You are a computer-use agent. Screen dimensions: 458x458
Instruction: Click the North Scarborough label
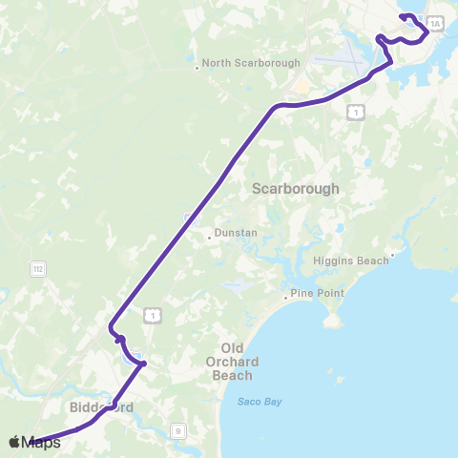tap(251, 63)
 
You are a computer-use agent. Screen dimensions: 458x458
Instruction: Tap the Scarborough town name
tap(296, 189)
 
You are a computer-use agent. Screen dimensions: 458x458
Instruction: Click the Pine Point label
tap(317, 293)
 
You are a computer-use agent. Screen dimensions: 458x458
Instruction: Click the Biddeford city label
tap(100, 407)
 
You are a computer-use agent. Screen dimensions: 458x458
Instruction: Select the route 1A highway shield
tap(436, 23)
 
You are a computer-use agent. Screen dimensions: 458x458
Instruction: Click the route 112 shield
tap(36, 268)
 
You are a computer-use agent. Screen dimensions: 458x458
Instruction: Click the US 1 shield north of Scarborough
tap(355, 113)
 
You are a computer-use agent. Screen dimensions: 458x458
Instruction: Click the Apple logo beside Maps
tap(14, 442)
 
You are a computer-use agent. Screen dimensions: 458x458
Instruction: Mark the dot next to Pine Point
tap(285, 294)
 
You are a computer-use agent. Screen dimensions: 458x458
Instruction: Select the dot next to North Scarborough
tap(197, 67)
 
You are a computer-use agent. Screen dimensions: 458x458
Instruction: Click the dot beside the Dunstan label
tap(209, 238)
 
